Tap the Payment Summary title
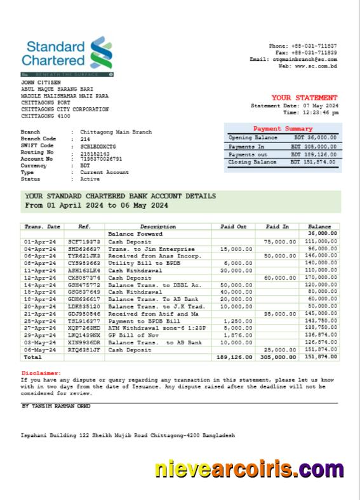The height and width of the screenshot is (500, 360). coord(283,128)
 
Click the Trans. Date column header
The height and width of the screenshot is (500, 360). coord(42,226)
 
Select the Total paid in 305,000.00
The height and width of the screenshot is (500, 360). coord(274,358)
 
